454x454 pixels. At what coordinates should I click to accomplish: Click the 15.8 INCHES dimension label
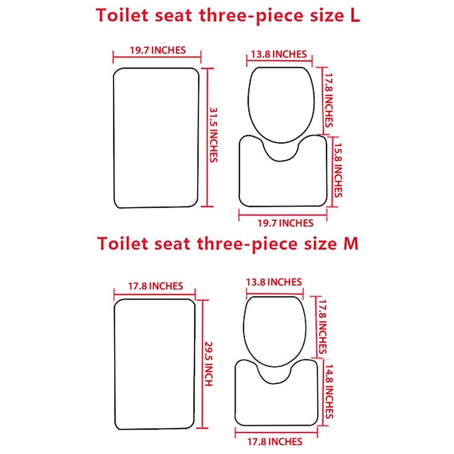click(337, 169)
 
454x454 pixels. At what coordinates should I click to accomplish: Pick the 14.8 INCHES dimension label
click(329, 391)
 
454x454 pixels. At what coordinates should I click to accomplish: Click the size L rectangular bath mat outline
click(156, 137)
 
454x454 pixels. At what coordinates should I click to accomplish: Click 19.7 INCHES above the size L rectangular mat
click(157, 50)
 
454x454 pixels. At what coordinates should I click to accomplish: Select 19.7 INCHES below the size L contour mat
click(286, 223)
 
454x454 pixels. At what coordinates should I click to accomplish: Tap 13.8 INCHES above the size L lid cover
click(278, 55)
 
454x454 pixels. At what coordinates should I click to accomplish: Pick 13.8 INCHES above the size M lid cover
click(274, 282)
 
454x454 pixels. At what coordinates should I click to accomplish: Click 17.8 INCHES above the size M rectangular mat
click(155, 286)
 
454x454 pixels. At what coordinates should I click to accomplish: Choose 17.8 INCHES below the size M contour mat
click(275, 442)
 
